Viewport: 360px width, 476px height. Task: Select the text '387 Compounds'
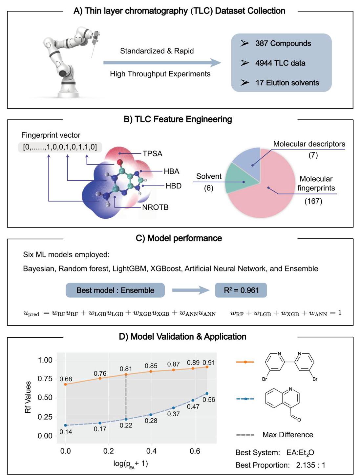(x=283, y=43)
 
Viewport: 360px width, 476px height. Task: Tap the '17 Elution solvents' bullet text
(x=287, y=83)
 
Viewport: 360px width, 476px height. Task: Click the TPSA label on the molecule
(x=152, y=153)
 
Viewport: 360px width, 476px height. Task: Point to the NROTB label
(x=155, y=207)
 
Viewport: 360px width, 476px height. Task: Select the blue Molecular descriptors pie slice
(x=247, y=162)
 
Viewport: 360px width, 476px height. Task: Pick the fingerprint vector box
(x=60, y=147)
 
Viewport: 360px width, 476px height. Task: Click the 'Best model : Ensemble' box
(x=115, y=290)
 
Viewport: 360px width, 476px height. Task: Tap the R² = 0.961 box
(x=241, y=290)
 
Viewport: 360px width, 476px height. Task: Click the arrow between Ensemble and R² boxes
(x=191, y=290)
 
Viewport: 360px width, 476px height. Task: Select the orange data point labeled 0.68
(x=65, y=384)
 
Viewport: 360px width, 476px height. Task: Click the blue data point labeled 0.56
(x=207, y=393)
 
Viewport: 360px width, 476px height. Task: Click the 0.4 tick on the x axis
(x=151, y=451)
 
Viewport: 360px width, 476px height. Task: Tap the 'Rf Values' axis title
(x=28, y=397)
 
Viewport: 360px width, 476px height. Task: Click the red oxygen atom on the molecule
(x=120, y=162)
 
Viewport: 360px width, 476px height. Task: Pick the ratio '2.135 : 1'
(x=310, y=465)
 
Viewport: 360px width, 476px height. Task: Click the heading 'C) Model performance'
(x=179, y=238)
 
